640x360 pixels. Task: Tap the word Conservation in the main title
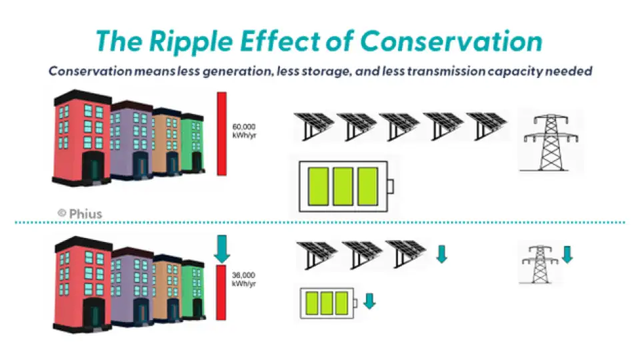coord(451,41)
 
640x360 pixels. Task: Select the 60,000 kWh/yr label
coord(243,129)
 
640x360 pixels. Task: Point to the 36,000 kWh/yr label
coord(243,279)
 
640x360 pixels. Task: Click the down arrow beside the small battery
coord(369,301)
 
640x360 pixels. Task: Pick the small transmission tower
coord(541,265)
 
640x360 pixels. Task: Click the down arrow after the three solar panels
coord(441,255)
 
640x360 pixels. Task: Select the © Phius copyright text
coord(79,213)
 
